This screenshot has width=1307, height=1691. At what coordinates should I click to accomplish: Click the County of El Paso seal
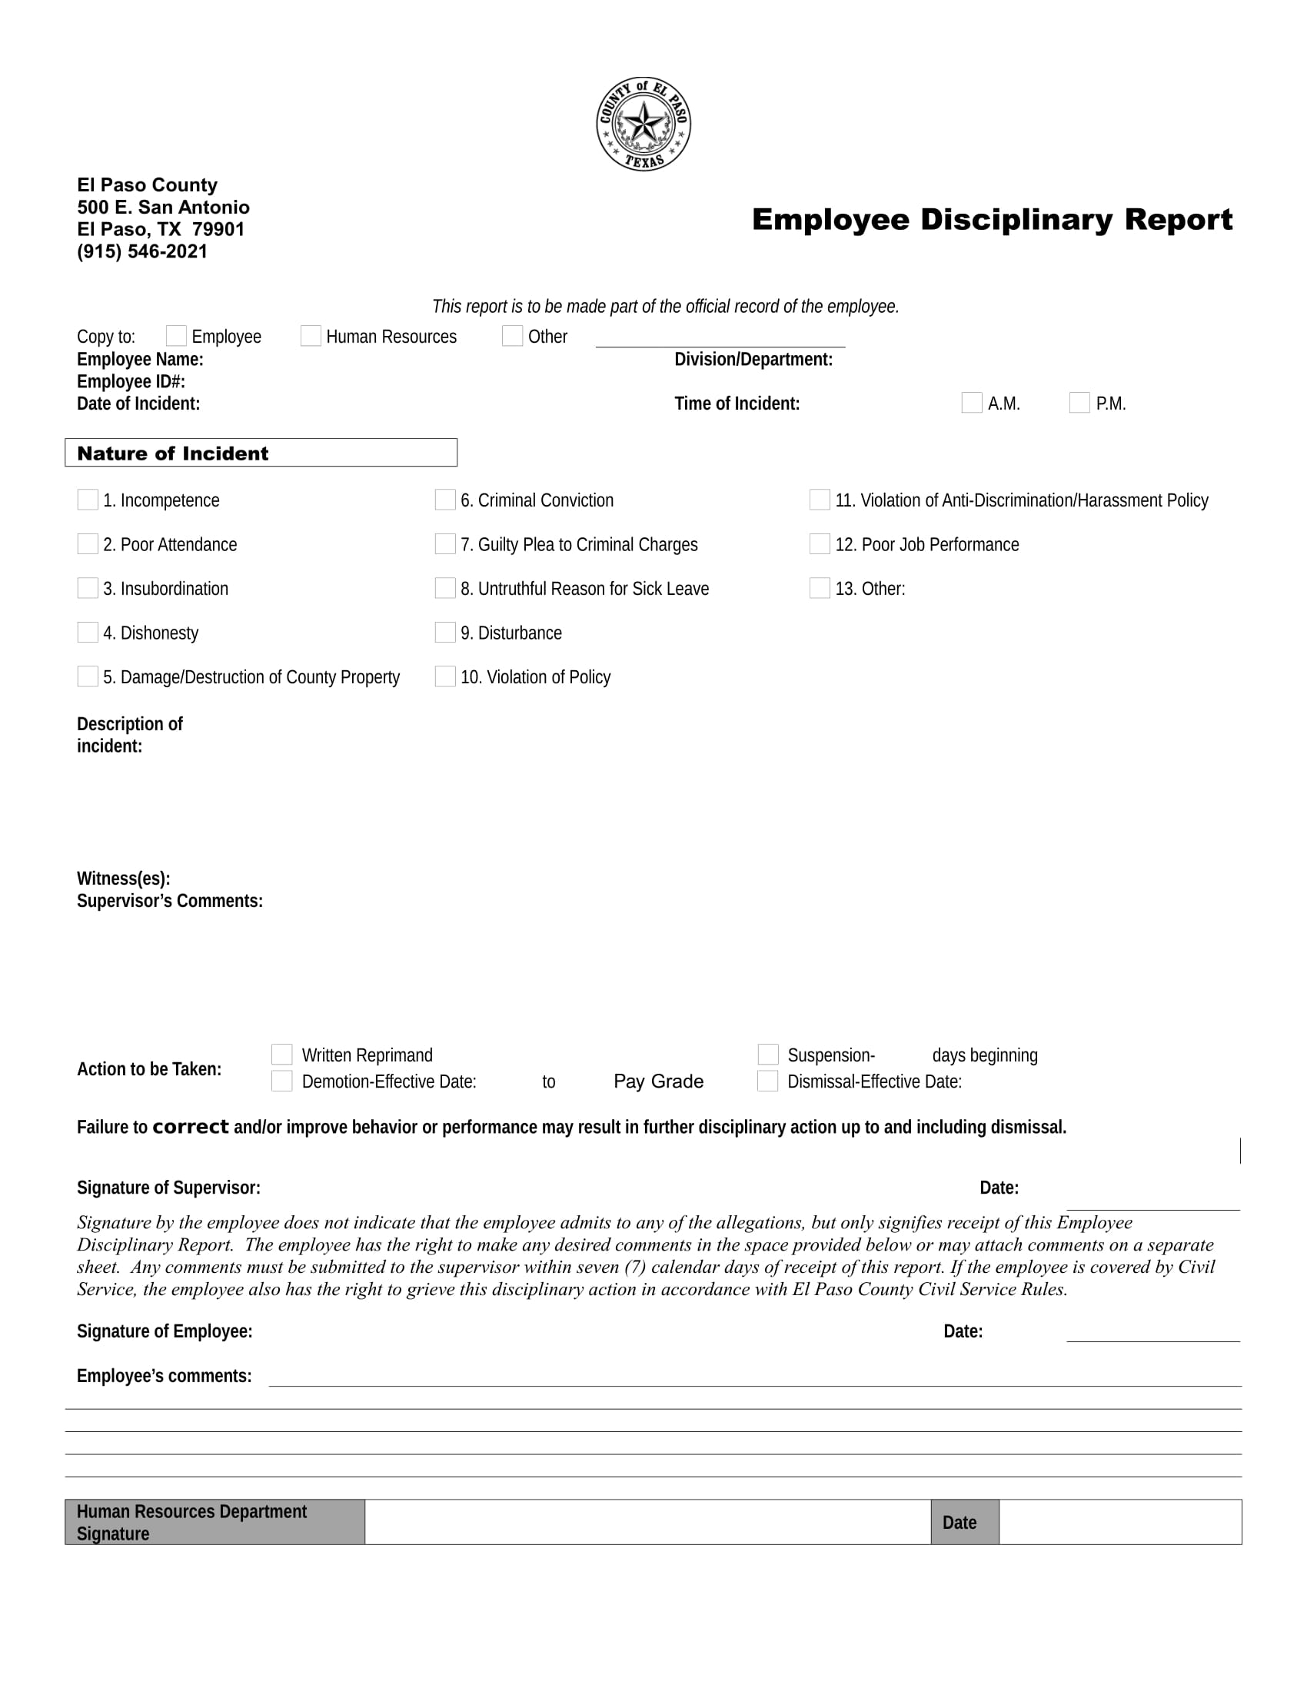click(643, 124)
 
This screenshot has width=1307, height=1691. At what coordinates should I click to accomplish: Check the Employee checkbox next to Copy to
click(176, 335)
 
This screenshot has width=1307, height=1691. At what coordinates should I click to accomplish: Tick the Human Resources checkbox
click(311, 335)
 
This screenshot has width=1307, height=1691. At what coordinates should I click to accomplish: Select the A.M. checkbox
click(971, 403)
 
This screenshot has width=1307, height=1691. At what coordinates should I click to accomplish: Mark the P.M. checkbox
click(1079, 403)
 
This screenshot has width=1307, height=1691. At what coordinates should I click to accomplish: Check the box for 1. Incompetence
click(88, 500)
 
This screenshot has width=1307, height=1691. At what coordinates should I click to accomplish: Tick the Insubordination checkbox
click(88, 588)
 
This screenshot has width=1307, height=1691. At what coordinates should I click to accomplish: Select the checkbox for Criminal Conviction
click(445, 500)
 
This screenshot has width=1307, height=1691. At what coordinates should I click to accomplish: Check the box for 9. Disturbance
click(445, 632)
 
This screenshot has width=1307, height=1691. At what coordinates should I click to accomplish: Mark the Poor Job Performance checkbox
click(820, 543)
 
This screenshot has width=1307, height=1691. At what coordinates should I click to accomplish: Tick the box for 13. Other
click(820, 588)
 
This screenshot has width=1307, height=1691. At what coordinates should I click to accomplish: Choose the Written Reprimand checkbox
click(282, 1054)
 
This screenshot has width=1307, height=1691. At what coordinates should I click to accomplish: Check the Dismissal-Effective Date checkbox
click(767, 1081)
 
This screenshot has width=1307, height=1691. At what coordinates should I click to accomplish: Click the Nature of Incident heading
click(173, 453)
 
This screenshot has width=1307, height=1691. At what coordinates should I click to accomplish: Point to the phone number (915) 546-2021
click(141, 251)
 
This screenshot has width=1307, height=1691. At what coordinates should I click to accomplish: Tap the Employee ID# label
click(131, 382)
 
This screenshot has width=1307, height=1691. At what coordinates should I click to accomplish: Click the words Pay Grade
click(658, 1081)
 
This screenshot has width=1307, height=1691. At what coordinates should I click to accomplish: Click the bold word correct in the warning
click(191, 1127)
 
